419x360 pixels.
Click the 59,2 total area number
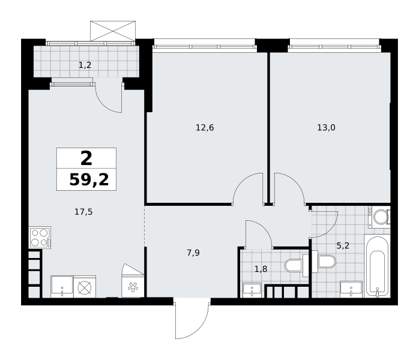point(89,179)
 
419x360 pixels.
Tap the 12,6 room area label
point(205,128)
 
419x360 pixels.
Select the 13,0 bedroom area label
point(326,128)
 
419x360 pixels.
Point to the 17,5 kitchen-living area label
point(83,212)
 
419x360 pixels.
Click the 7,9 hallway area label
point(193,253)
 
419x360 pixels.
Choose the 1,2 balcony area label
point(85,65)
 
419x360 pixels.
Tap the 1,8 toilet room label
point(261,269)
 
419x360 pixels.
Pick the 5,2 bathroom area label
point(343,245)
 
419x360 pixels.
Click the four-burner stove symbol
point(40,238)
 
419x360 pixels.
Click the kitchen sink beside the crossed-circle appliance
point(62,287)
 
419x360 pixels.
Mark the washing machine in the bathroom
point(379,217)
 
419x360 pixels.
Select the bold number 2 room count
point(86,158)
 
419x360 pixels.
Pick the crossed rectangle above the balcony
point(113,31)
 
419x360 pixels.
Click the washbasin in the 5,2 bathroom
point(351,289)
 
